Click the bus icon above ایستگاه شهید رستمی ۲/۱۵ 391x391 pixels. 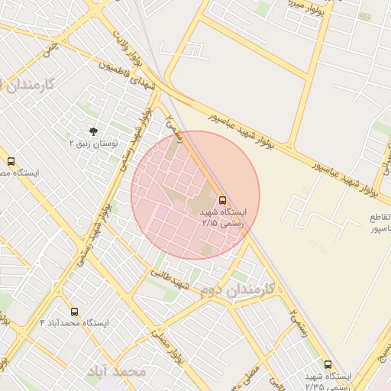pos(222,200)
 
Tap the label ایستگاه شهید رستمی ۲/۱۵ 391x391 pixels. pos(223,218)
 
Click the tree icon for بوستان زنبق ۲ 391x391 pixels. pos(93,131)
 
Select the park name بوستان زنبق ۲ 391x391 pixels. pos(93,144)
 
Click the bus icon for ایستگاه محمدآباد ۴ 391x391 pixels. pos(74,312)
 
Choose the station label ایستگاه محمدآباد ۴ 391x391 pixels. pos(74,324)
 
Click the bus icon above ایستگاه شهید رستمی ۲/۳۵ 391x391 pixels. pos(328,365)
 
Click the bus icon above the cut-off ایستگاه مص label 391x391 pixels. pos(11,162)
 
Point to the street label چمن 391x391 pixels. pos(51,51)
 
